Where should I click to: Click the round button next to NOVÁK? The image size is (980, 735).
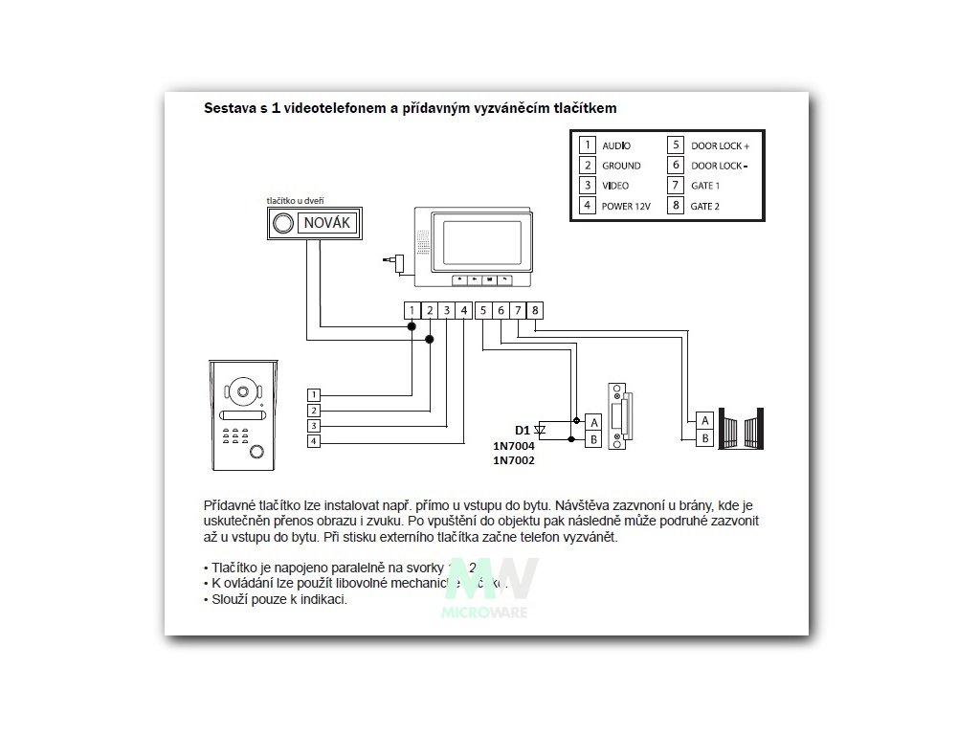[283, 225]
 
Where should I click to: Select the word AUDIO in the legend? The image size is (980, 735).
[616, 145]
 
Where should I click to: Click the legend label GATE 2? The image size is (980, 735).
[704, 205]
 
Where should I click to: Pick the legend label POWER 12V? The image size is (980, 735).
[626, 205]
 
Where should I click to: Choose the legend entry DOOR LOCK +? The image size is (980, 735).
[720, 145]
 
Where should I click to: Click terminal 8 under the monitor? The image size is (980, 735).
[535, 310]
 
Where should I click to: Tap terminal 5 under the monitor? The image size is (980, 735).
[484, 310]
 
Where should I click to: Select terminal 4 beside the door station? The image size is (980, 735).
[314, 441]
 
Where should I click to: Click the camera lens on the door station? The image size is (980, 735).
[240, 391]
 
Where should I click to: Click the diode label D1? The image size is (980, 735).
[522, 430]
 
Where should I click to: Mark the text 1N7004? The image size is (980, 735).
[513, 446]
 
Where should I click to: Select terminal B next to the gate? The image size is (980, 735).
[705, 438]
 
